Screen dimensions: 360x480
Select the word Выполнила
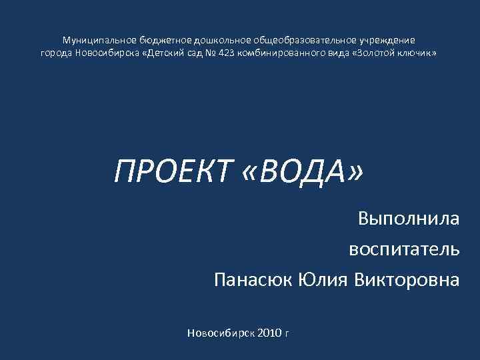[408, 219]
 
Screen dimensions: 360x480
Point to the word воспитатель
[404, 249]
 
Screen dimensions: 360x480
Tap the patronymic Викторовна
[407, 280]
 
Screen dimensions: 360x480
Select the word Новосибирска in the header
[107, 52]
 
